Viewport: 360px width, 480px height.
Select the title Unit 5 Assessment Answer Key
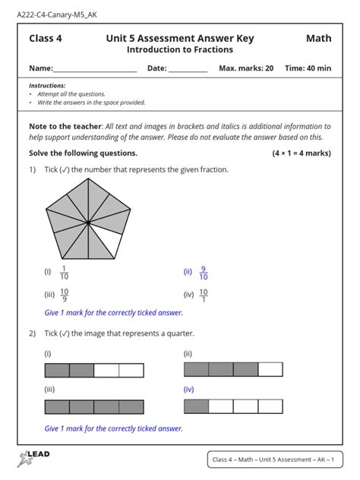pyautogui.click(x=180, y=39)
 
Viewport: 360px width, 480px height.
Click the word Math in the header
pyautogui.click(x=318, y=39)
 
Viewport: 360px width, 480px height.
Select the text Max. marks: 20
pyautogui.click(x=246, y=68)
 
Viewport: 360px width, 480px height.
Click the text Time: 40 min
pyautogui.click(x=308, y=68)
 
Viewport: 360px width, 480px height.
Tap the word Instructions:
pyautogui.click(x=46, y=87)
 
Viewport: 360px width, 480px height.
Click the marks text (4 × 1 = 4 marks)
pyautogui.click(x=301, y=153)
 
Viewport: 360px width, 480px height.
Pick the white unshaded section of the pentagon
pyautogui.click(x=111, y=243)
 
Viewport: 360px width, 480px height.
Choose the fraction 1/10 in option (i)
pyautogui.click(x=65, y=272)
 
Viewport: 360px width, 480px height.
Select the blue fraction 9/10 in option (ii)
pyautogui.click(x=203, y=272)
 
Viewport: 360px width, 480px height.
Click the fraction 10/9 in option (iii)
pyautogui.click(x=65, y=295)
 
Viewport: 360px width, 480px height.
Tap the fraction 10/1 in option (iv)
pyautogui.click(x=204, y=295)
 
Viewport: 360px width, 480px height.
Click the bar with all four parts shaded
pyautogui.click(x=94, y=406)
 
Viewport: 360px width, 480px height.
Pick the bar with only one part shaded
pyautogui.click(x=233, y=406)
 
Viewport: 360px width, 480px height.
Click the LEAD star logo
pyautogui.click(x=33, y=457)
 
